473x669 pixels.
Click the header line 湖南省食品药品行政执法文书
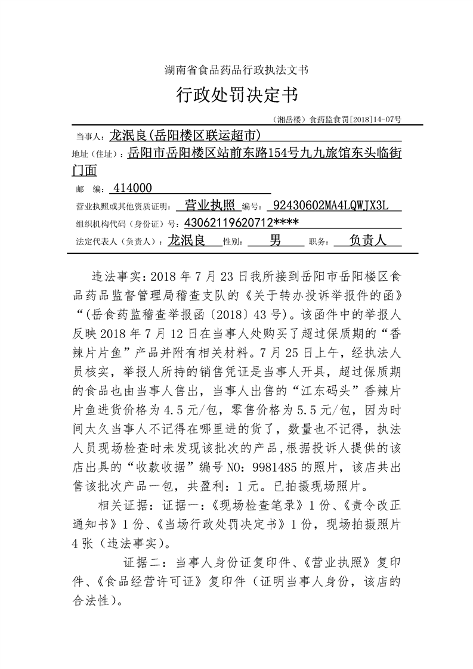coord(236,70)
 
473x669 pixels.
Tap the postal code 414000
coord(132,188)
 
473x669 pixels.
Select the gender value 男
coord(275,241)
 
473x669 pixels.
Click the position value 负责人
coord(368,241)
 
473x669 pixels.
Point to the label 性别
coord(232,242)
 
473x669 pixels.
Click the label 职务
coord(318,242)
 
